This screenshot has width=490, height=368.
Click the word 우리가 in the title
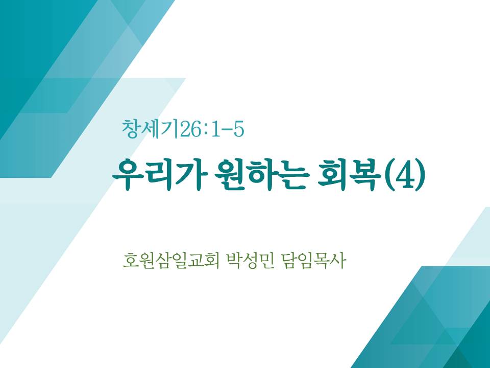coord(159,175)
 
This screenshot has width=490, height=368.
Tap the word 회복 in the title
coord(349,175)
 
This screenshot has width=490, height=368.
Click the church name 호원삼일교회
coord(171,260)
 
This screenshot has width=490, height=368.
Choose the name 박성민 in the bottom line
coord(250,260)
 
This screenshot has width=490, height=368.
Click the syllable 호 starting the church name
coord(131,261)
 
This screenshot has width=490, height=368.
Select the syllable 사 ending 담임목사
coord(338,260)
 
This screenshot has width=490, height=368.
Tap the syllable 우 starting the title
coord(127,175)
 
